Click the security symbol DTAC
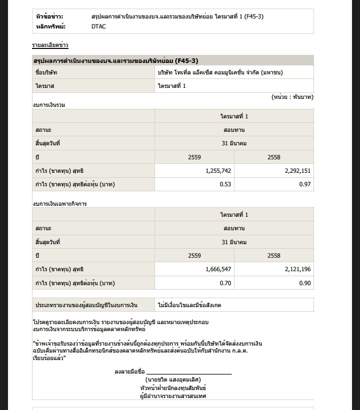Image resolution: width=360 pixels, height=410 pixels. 98,26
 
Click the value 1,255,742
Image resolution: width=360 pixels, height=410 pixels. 218,171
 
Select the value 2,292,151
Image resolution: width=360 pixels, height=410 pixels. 297,171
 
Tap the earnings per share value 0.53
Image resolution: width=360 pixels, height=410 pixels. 225,185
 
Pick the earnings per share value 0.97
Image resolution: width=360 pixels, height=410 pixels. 305,185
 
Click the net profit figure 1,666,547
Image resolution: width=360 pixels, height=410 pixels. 218,269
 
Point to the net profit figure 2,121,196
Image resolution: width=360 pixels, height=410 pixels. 297,269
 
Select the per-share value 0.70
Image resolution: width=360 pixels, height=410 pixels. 225,283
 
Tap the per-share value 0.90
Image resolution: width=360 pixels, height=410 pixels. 305,283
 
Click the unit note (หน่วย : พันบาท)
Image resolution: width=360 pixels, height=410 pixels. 292,96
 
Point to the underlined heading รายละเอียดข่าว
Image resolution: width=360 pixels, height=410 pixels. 50,45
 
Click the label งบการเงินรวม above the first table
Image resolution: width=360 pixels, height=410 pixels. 49,105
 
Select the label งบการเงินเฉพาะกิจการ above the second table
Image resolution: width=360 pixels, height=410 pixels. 56,204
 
